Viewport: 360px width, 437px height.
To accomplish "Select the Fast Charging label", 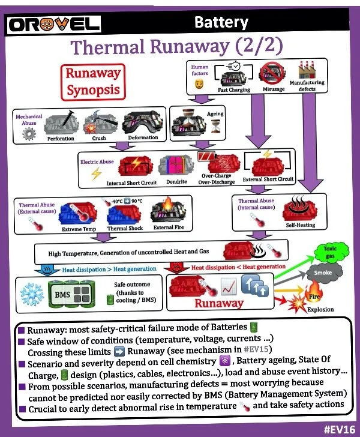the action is [x=235, y=90].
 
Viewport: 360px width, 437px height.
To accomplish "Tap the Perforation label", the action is [x=60, y=139].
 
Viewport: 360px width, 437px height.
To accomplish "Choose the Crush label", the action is [x=99, y=139].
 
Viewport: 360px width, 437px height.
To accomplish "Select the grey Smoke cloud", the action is [x=318, y=273].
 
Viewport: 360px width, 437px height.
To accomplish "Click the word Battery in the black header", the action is [x=221, y=23].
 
